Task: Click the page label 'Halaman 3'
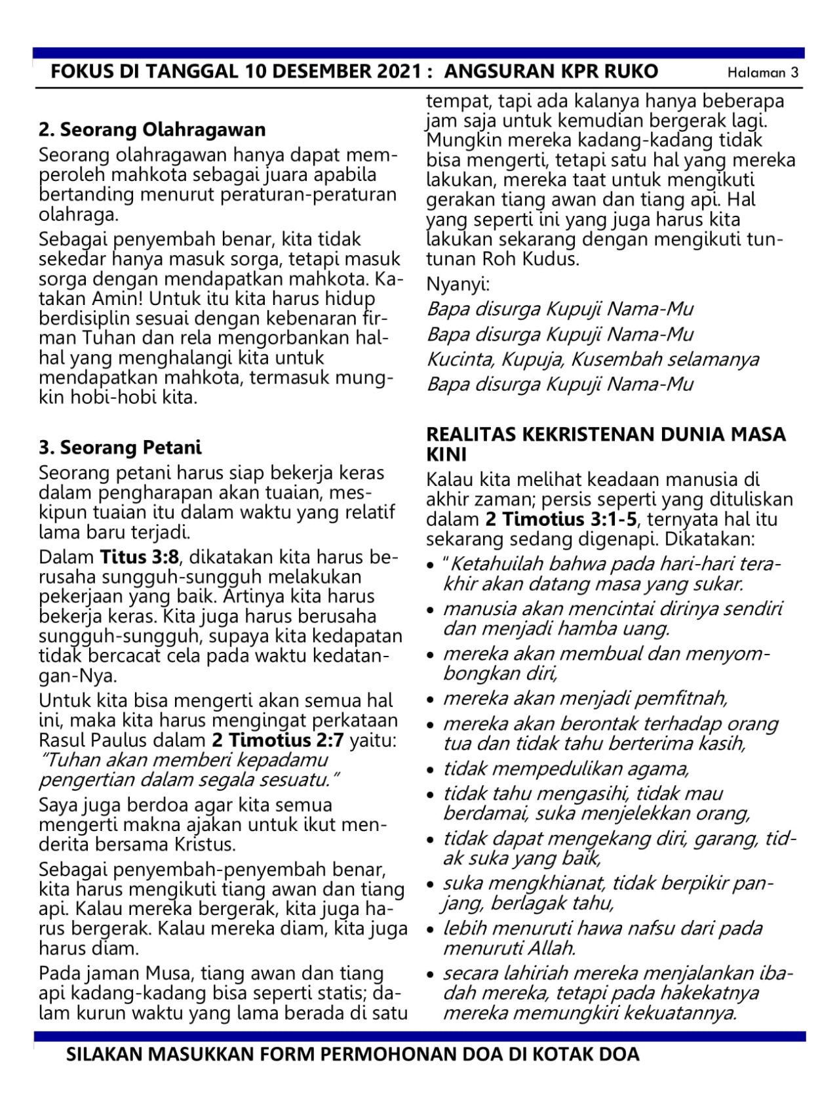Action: tap(763, 73)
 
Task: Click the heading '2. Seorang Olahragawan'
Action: tap(152, 130)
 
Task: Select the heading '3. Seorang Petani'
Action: tap(120, 448)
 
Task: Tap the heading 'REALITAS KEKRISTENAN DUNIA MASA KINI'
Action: tap(606, 443)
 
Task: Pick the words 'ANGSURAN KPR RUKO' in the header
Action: tap(551, 71)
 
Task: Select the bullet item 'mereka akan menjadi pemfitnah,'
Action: tap(585, 697)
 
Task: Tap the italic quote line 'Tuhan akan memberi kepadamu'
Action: tap(183, 760)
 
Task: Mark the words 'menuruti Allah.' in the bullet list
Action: tap(509, 948)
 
